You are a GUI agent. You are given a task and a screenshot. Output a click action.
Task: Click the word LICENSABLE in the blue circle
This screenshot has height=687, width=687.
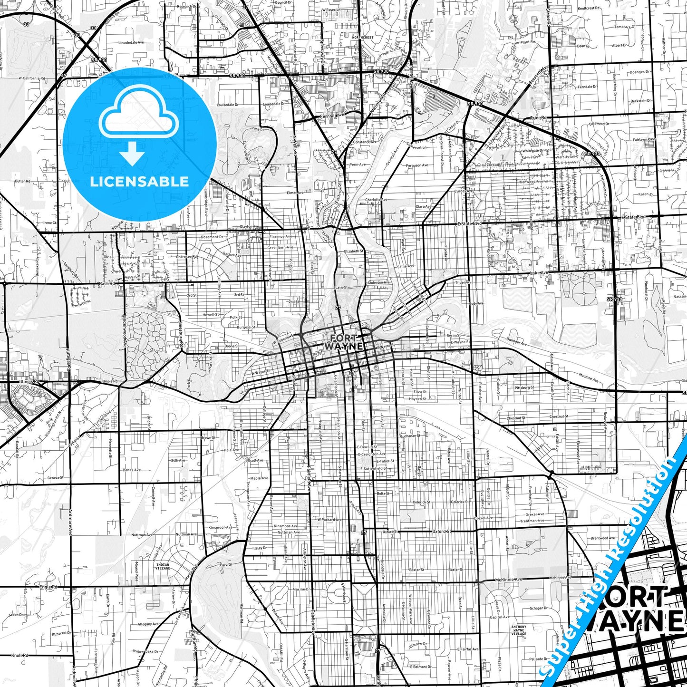point(139,182)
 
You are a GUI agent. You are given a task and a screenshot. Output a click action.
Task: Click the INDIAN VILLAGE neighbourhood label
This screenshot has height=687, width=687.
point(163,567)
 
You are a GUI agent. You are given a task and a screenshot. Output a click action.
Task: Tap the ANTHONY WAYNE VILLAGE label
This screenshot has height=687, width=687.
point(519,630)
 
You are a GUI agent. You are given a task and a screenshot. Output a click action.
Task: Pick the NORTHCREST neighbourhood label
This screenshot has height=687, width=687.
point(363,37)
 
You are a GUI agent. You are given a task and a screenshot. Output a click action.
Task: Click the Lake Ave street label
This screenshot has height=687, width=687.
point(539,273)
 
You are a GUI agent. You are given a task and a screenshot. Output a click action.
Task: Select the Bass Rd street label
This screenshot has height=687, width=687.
point(107,284)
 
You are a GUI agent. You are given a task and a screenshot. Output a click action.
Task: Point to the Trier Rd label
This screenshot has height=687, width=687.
point(538,117)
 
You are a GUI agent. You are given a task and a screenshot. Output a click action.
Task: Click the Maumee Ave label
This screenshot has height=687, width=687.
point(589,378)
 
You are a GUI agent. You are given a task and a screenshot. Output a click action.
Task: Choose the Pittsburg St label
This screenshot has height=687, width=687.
point(524,388)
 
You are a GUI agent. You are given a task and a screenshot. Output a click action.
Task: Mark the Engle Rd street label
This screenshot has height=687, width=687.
point(48,587)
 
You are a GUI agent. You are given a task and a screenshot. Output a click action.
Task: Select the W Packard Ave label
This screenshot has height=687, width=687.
point(329,520)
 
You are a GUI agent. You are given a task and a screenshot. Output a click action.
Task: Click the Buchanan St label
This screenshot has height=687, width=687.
point(410,435)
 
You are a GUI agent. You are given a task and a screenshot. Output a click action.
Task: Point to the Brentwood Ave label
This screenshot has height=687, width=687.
point(603,538)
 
